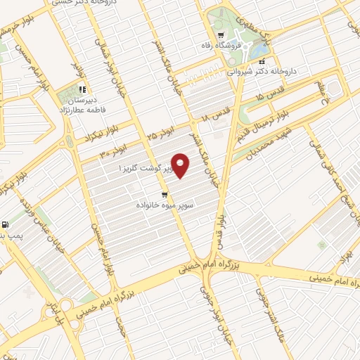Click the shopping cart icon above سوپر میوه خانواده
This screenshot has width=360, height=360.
165,194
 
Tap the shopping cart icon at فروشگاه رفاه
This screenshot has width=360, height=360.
221,35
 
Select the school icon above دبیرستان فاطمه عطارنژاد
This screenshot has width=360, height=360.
82,89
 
